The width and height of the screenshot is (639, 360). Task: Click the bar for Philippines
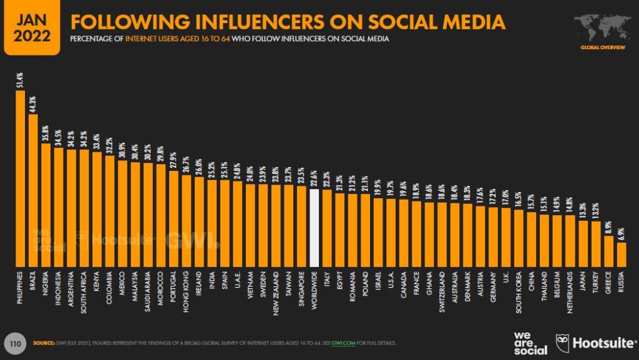pos(20,178)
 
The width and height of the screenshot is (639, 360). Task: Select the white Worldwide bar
pos(315,226)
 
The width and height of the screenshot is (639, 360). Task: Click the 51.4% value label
pos(20,80)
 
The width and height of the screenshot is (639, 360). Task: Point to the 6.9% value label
pos(621,233)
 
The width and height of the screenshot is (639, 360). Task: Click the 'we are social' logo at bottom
pos(530,343)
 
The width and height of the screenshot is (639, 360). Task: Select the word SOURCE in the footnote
pos(43,343)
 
